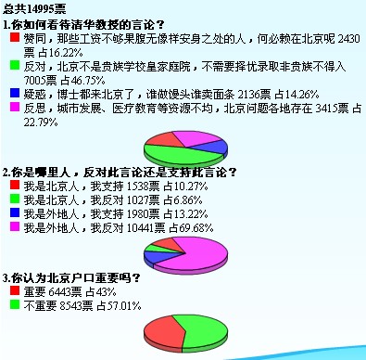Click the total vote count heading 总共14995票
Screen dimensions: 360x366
coord(34,6)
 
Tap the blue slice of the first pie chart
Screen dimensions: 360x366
coord(215,146)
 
